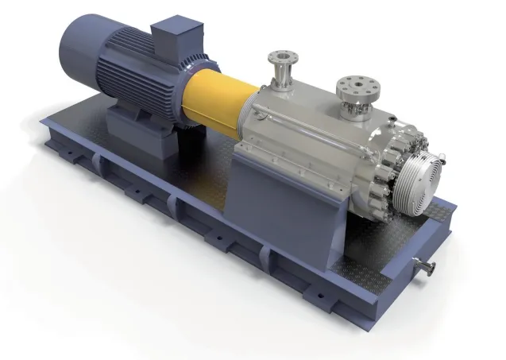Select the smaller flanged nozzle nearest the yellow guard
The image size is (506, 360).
tap(280, 59)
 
